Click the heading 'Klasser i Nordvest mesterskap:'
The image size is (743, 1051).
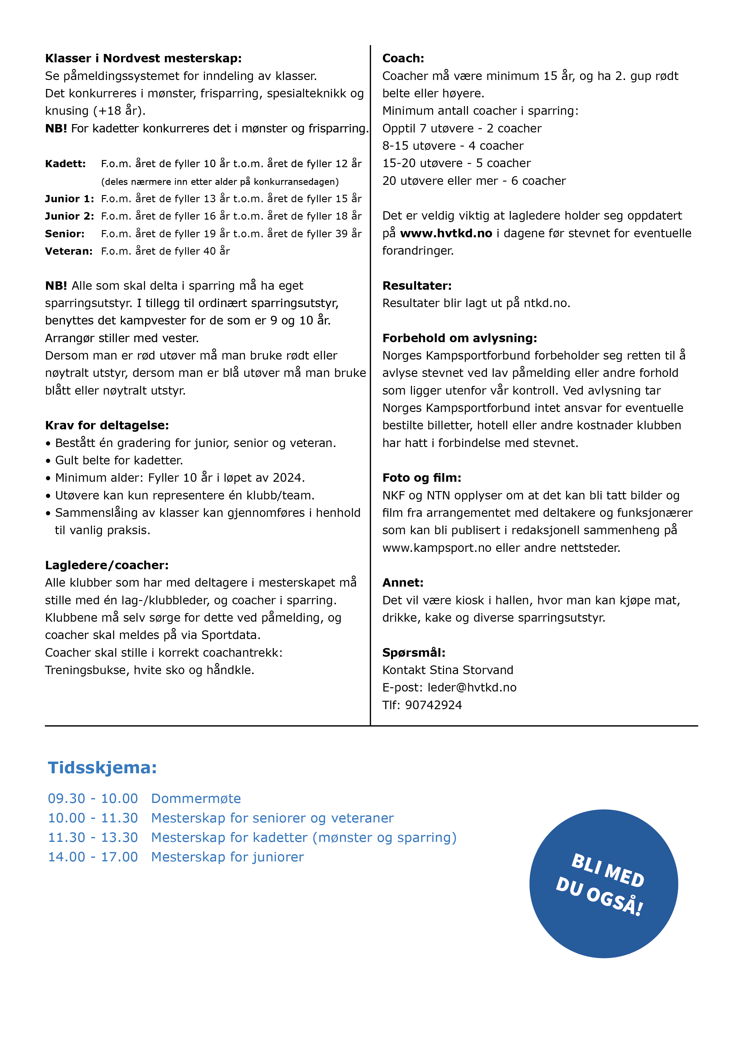click(143, 58)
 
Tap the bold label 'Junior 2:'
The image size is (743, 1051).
click(70, 216)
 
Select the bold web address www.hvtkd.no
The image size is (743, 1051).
click(446, 233)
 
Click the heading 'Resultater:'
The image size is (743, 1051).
click(417, 286)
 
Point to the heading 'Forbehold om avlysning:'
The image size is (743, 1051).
click(460, 338)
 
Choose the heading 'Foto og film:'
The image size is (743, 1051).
click(422, 478)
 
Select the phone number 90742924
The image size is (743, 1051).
click(434, 705)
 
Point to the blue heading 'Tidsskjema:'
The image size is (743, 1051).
click(102, 768)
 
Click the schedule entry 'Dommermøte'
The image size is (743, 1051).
click(196, 798)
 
